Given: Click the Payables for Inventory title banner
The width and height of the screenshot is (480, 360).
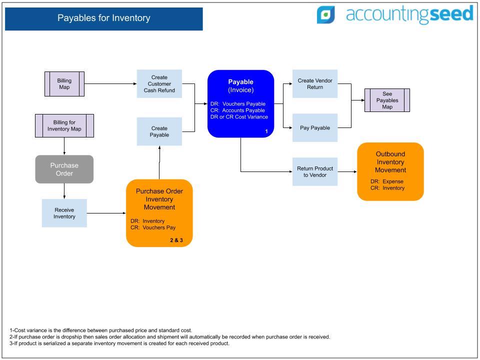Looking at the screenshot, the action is point(104,19).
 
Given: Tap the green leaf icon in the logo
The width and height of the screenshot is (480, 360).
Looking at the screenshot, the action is point(325,14).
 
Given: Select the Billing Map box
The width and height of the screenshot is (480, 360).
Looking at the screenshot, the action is point(64,84).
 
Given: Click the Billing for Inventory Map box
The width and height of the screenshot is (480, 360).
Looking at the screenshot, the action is point(64,126).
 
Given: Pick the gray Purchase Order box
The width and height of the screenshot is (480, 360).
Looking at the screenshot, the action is point(64,169).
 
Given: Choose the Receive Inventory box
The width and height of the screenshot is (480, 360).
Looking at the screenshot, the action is point(64,213).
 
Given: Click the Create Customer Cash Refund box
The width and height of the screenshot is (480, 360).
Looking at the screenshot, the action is point(159,84).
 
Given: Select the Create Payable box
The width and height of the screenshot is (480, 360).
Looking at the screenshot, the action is point(159,131).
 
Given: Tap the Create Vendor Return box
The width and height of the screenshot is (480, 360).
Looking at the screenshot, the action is point(315,84).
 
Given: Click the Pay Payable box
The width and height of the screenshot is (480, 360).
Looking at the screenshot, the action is point(315,127).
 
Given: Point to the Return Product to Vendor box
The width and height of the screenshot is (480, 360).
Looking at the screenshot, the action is point(315,171).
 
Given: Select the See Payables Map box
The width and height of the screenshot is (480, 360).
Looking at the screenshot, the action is point(387,100).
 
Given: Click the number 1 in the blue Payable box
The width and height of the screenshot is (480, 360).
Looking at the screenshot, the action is point(266,131).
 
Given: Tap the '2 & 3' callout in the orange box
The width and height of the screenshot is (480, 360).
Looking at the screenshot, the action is point(176,240).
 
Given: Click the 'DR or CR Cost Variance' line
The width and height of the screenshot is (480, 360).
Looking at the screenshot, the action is point(239,117).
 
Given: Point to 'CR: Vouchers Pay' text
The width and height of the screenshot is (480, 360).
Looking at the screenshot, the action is point(153,227).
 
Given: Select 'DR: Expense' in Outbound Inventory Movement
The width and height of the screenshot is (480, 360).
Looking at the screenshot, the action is point(387,181).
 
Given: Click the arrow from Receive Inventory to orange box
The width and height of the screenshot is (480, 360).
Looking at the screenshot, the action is point(106,213).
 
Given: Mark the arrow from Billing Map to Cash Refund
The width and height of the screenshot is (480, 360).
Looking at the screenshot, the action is point(110,84).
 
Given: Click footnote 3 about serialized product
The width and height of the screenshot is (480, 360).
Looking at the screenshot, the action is point(119,343).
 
